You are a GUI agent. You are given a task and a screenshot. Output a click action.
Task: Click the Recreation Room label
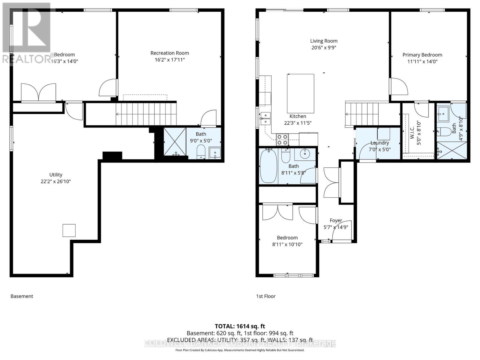[169, 53]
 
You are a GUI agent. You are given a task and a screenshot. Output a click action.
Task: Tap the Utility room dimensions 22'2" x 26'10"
[56, 181]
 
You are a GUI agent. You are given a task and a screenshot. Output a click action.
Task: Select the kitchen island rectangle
[301, 93]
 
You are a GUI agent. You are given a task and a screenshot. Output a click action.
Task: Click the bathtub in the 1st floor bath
[268, 167]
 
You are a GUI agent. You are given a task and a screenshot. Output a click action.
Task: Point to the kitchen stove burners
[282, 140]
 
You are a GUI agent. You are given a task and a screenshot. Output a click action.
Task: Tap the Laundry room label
[379, 143]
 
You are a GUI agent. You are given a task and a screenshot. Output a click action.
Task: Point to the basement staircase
[146, 114]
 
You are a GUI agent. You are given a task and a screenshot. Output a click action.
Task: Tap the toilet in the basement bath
[200, 152]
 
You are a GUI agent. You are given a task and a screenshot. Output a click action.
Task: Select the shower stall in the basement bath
[175, 142]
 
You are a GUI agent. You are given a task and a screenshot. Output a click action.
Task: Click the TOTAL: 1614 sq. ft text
[240, 326]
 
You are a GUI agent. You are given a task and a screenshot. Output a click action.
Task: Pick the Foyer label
[336, 220]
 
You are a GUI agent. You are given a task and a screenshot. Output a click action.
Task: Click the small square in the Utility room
[69, 230]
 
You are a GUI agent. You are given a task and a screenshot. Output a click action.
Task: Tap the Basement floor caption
[22, 296]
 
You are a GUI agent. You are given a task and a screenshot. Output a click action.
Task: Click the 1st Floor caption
[265, 296]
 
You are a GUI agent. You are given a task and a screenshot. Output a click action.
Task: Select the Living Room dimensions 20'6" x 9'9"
[323, 47]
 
